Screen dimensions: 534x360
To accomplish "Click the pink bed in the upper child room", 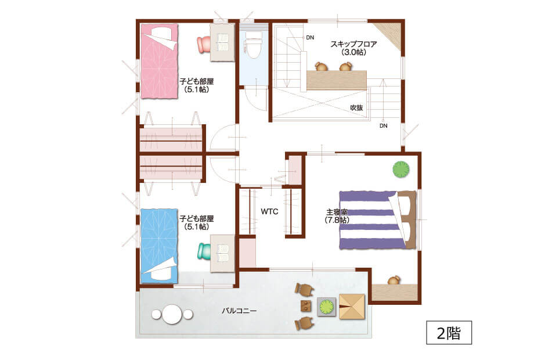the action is pyautogui.click(x=160, y=62).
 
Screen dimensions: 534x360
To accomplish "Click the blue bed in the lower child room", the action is pyautogui.click(x=160, y=246).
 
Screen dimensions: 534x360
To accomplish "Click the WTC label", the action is pyautogui.click(x=269, y=211).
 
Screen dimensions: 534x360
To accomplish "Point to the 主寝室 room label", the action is pyautogui.click(x=337, y=212).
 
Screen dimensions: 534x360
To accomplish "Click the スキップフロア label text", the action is pyautogui.click(x=353, y=44).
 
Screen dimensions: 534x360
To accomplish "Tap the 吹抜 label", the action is pyautogui.click(x=356, y=107).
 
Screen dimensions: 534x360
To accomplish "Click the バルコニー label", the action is pyautogui.click(x=239, y=311).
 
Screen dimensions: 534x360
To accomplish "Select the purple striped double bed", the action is pyautogui.click(x=377, y=220).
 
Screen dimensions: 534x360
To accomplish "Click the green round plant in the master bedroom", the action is pyautogui.click(x=401, y=169).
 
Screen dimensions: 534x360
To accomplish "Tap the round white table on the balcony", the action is pyautogui.click(x=172, y=314).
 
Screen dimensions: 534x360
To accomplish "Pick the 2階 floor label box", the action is pyautogui.click(x=449, y=332).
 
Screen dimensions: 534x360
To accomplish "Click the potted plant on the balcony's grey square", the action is pyautogui.click(x=327, y=307).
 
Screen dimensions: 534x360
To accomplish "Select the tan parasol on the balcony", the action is pyautogui.click(x=352, y=307).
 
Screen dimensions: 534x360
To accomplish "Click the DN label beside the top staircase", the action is pyautogui.click(x=310, y=38).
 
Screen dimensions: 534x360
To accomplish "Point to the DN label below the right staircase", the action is pyautogui.click(x=384, y=125).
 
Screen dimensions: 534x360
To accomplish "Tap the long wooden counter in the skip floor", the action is pyautogui.click(x=337, y=81).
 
